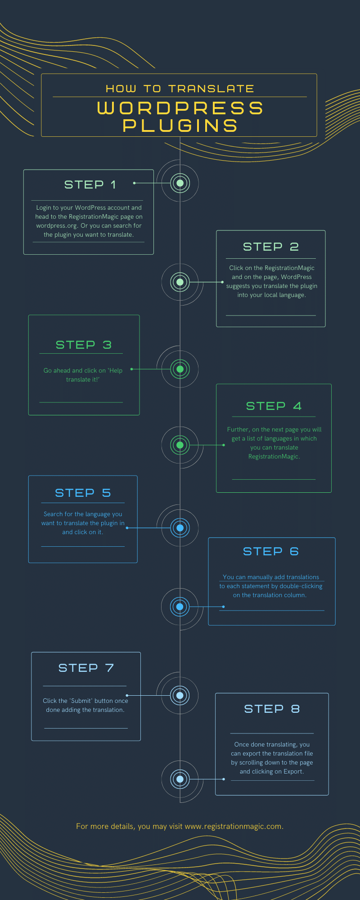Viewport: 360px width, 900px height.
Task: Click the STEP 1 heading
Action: tap(90, 184)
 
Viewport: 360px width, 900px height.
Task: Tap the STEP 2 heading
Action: tap(270, 247)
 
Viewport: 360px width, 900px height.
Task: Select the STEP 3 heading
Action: tap(83, 345)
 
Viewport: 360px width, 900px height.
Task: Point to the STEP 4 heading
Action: tap(274, 406)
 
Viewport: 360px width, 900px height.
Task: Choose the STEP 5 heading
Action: tap(83, 493)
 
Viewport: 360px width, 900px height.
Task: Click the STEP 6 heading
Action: tap(270, 551)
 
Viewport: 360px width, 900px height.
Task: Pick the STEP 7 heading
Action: tap(86, 668)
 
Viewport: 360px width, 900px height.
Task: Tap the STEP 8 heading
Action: tap(272, 709)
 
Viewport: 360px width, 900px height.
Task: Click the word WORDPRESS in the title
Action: tap(180, 108)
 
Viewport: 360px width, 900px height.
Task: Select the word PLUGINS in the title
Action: tap(180, 126)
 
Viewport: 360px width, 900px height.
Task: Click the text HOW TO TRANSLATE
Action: tap(180, 89)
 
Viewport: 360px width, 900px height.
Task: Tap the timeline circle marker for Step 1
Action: tap(180, 183)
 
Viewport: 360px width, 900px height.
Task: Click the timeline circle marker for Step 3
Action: tap(180, 369)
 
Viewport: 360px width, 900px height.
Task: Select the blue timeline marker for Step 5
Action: tap(180, 528)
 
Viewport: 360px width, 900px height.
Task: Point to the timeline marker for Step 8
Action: tap(180, 779)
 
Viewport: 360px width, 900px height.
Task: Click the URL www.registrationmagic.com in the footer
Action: tap(234, 826)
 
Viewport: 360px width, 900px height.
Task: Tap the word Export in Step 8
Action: tap(294, 771)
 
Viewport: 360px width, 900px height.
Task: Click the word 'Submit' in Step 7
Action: tap(81, 701)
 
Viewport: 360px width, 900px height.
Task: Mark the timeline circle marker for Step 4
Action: tap(180, 445)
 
